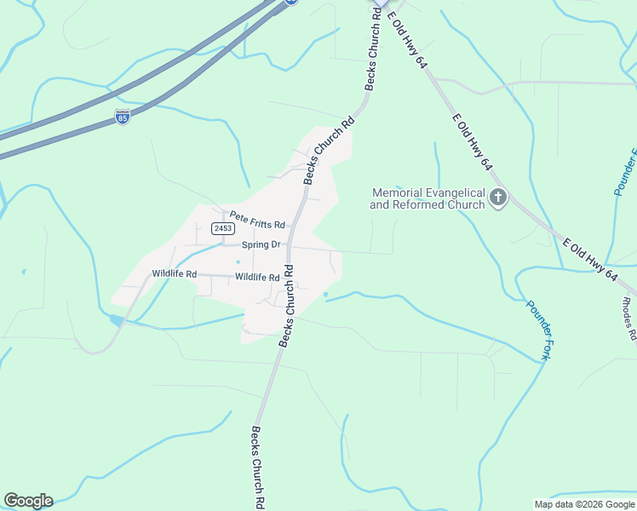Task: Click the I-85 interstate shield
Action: [x=123, y=117]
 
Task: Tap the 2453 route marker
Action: [x=223, y=229]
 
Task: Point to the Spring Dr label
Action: [x=261, y=245]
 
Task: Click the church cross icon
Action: [x=498, y=199]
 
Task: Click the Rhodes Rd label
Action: [x=628, y=319]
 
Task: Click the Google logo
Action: [x=28, y=501]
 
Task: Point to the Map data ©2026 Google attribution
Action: [x=585, y=504]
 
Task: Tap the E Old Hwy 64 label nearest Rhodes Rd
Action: [x=590, y=261]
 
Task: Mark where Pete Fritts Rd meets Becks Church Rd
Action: [x=290, y=227]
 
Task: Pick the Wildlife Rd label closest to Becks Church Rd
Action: [x=257, y=278]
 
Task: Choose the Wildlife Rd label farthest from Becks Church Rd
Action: [x=174, y=274]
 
